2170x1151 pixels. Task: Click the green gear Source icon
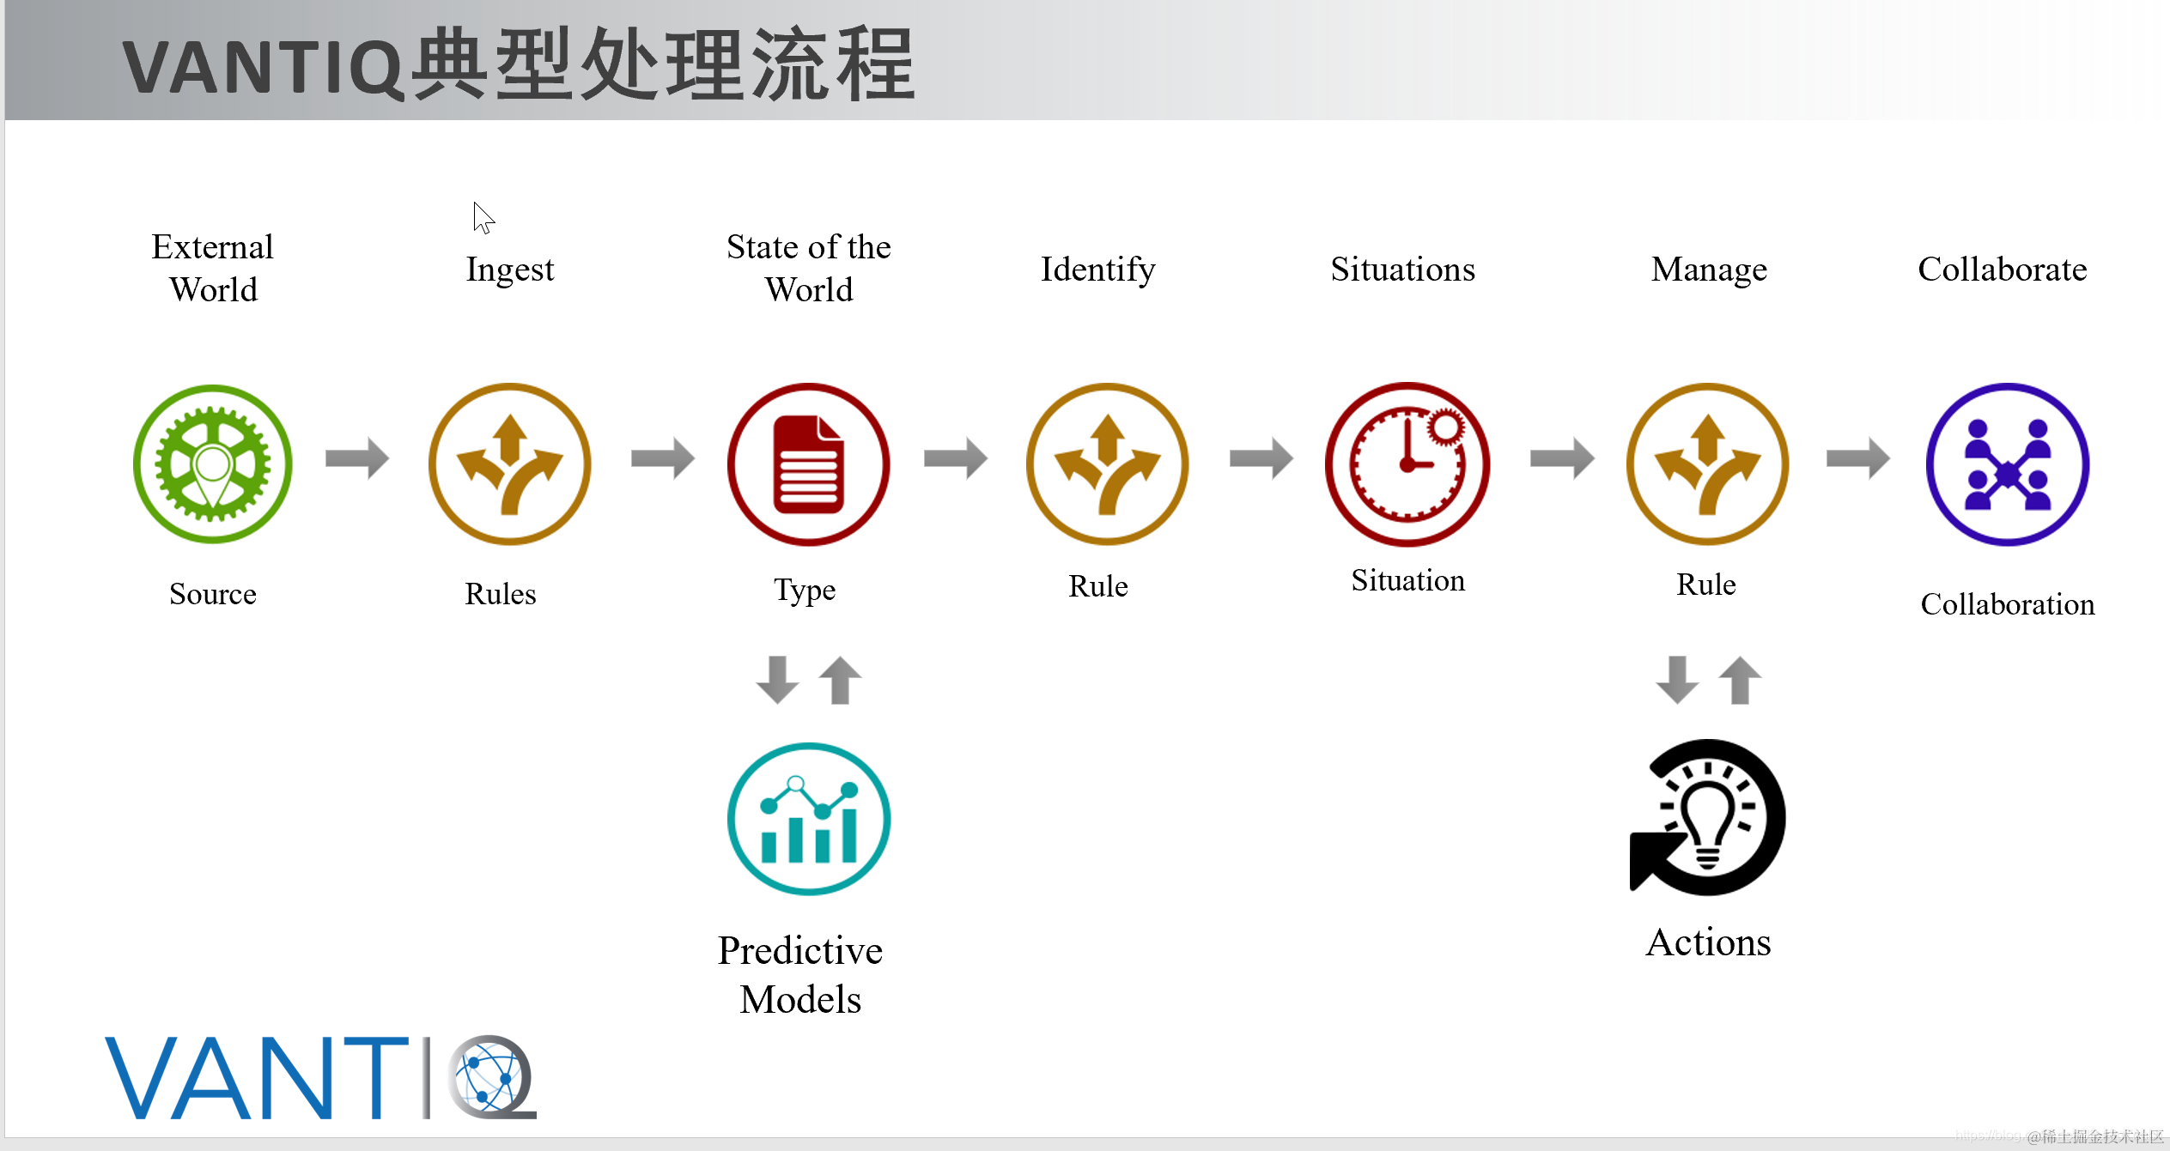coord(213,463)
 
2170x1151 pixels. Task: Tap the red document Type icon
coord(808,463)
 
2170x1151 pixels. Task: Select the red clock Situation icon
coord(1407,463)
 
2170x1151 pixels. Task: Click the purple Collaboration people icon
coord(2007,463)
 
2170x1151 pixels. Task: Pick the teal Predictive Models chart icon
coord(808,819)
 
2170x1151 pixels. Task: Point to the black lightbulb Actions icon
coord(1707,817)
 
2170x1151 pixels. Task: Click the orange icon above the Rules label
coord(509,463)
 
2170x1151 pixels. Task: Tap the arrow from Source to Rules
coord(357,457)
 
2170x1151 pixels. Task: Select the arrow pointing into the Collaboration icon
coord(1857,457)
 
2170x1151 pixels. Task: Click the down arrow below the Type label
coord(777,680)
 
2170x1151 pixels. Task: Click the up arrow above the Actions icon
coord(1740,680)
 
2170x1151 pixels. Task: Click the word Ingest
coord(510,270)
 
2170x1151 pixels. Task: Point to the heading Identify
coord(1097,270)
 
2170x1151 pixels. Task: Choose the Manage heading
coord(1709,270)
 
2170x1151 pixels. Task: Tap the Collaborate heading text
coord(2002,270)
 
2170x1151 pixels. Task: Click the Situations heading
coord(1402,270)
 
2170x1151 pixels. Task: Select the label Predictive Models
coord(800,974)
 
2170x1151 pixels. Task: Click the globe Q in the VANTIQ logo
coord(491,1076)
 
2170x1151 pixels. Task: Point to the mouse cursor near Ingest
coord(483,217)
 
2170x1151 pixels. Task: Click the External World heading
coord(213,268)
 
